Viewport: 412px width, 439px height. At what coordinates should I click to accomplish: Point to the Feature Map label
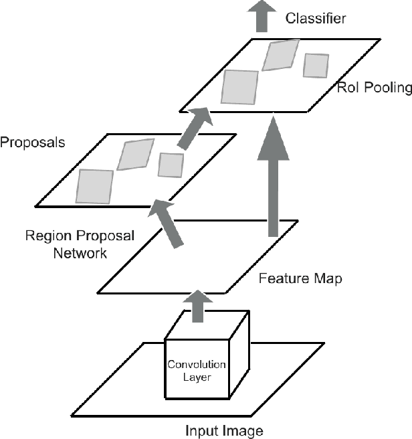(300, 278)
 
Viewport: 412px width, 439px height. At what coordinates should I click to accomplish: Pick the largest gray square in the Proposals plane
(95, 185)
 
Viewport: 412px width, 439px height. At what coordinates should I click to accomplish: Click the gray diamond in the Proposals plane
(136, 155)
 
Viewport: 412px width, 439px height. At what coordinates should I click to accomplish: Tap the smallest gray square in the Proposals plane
(171, 164)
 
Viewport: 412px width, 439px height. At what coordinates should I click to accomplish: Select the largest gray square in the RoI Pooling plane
(239, 87)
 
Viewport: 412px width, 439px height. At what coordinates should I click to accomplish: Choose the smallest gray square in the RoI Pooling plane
(316, 65)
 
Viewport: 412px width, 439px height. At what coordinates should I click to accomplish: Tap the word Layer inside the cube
(197, 377)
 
